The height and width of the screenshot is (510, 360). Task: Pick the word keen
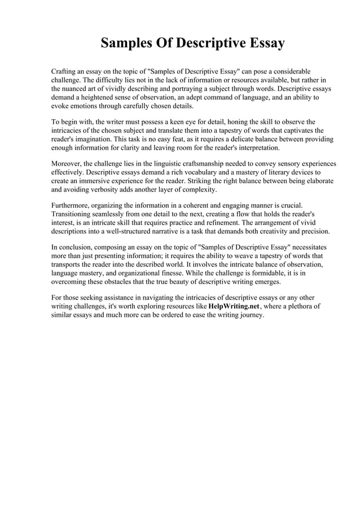pyautogui.click(x=176, y=122)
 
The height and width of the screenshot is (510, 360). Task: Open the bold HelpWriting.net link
pyautogui.click(x=234, y=306)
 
